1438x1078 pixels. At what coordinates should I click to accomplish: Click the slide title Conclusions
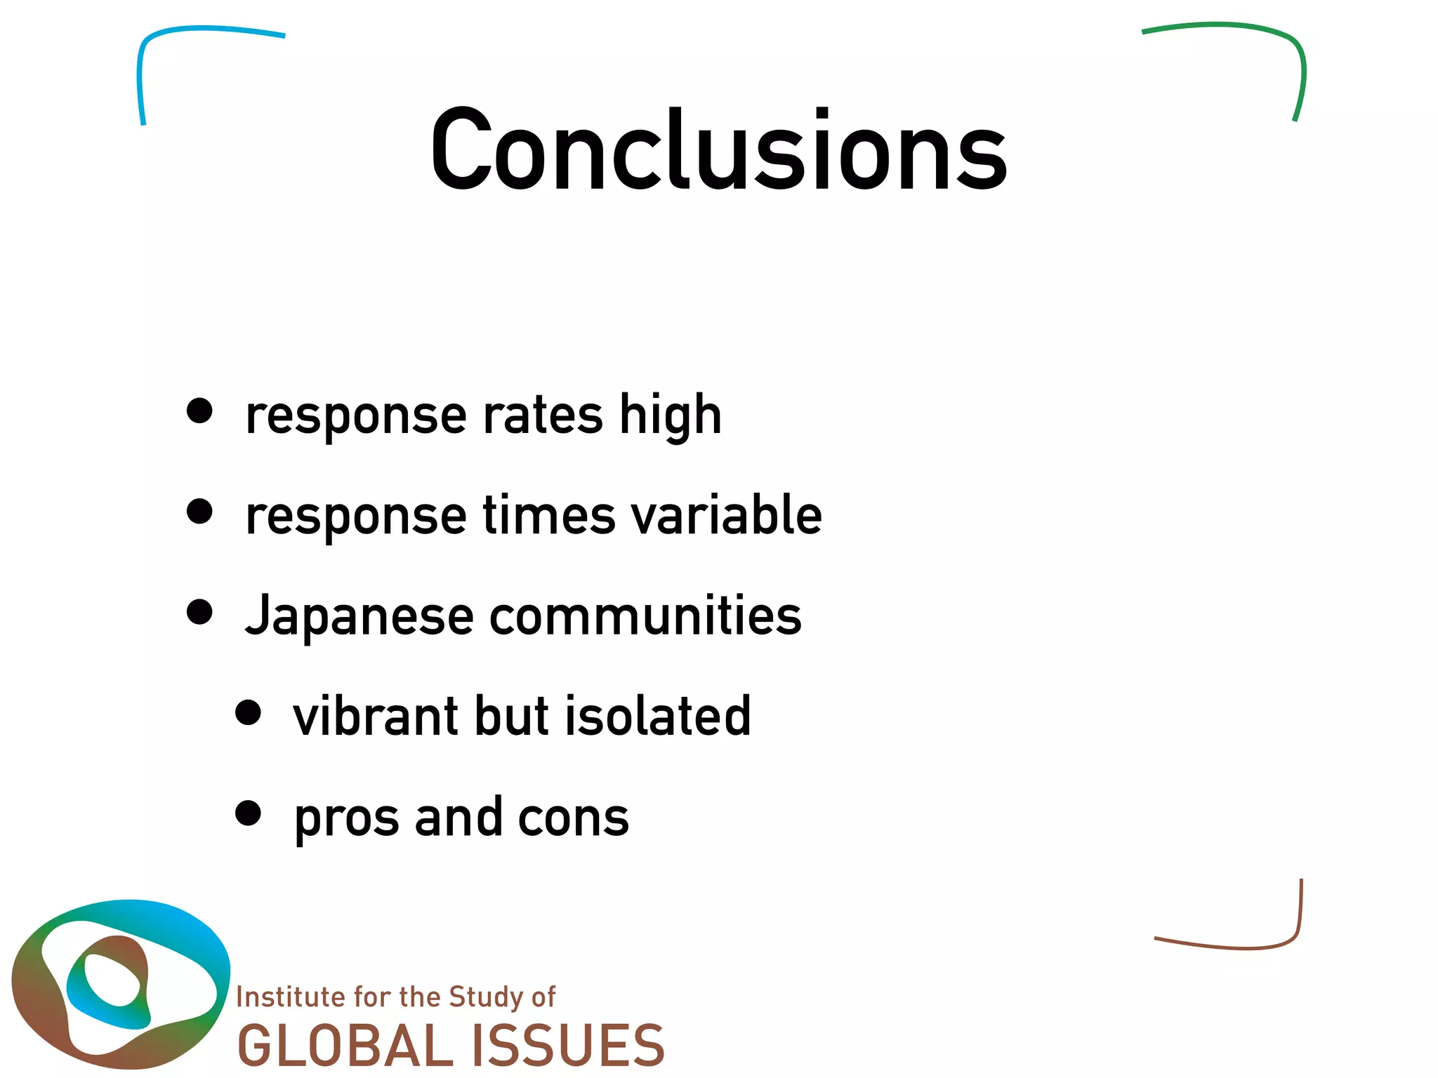719,149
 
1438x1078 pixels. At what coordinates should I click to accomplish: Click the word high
671,415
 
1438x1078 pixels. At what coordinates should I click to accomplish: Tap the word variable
726,514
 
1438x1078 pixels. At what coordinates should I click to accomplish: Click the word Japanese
359,615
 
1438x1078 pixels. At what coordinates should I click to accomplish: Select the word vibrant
375,716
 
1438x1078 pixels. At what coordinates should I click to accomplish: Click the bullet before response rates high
199,411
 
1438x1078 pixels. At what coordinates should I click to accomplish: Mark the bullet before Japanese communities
199,611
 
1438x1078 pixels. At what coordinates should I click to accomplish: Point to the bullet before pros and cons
248,813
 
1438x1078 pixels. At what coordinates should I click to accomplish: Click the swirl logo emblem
119,983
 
